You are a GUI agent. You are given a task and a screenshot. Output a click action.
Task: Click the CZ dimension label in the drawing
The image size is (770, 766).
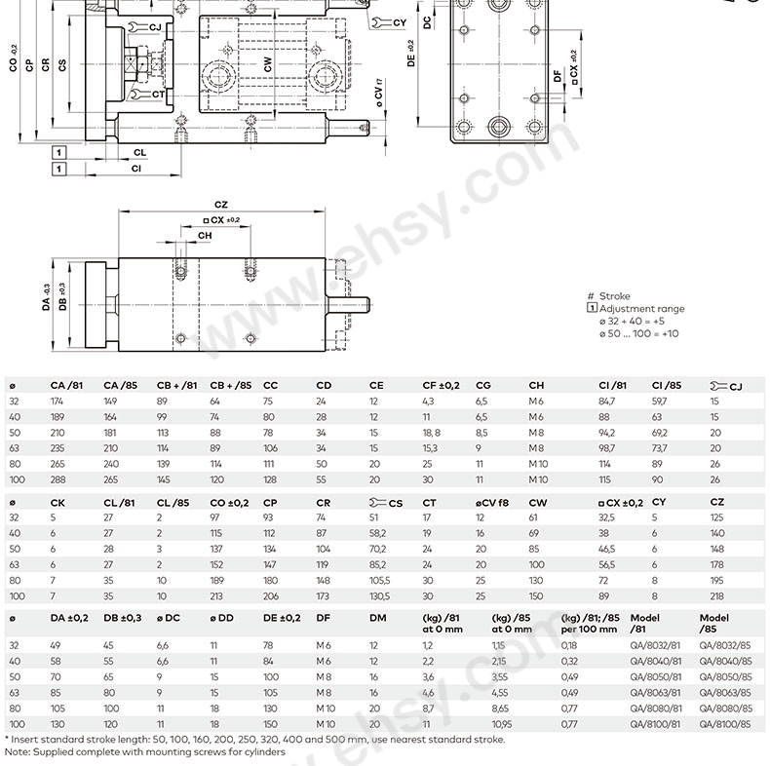coord(221,205)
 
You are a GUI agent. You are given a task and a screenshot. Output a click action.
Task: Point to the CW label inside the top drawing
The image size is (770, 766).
coord(267,64)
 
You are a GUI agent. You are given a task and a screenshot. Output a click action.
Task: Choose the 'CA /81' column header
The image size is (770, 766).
coord(66,385)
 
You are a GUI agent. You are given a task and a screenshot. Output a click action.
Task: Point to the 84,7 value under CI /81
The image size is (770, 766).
coord(607,401)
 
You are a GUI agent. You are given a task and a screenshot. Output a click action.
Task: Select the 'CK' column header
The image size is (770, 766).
coord(58,502)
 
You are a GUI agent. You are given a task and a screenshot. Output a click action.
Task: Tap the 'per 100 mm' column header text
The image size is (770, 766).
coord(591,629)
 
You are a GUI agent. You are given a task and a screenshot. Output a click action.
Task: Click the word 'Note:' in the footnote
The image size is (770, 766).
coord(19,752)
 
